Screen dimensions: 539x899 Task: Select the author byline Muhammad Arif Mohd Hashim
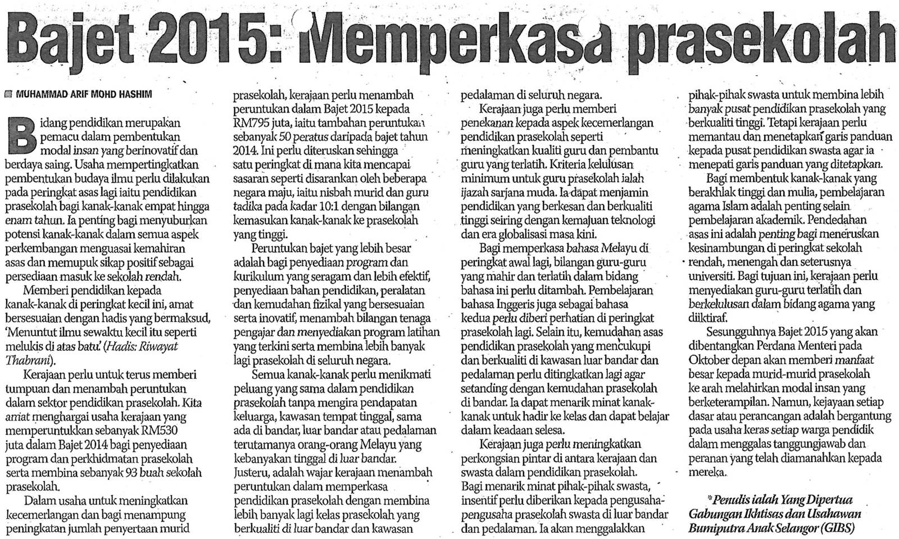click(x=84, y=95)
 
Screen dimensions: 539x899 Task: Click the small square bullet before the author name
click(x=8, y=95)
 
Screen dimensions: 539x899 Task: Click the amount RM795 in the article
click(x=250, y=123)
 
